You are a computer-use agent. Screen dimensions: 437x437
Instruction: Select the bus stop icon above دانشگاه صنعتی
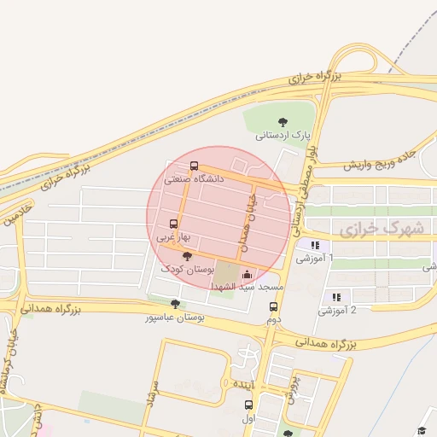[x=194, y=166]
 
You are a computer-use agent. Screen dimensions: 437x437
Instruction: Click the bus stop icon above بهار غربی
[x=175, y=224]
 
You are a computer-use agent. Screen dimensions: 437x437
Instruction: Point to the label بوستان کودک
[x=186, y=269]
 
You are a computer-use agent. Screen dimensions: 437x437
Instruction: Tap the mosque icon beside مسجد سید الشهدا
[x=248, y=275]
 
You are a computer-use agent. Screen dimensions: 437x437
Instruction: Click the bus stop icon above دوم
[x=274, y=307]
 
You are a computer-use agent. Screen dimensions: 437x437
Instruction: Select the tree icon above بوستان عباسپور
[x=176, y=304]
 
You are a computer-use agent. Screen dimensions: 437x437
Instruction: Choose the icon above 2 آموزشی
[x=336, y=297]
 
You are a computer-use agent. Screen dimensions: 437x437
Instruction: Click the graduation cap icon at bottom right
[x=421, y=430]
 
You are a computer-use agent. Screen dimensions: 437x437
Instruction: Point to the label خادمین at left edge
[x=17, y=214]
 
